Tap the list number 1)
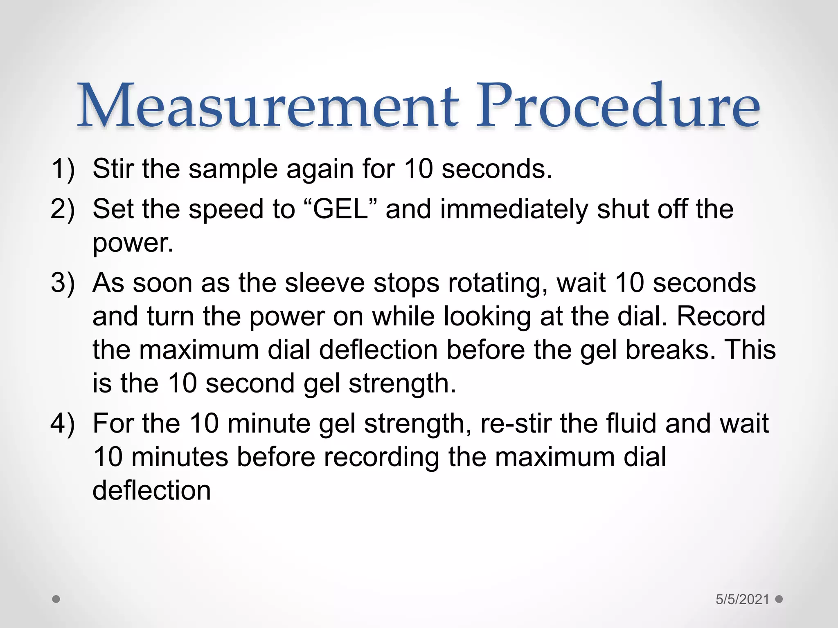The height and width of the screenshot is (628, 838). click(x=63, y=168)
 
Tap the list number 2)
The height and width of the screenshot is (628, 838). click(x=63, y=209)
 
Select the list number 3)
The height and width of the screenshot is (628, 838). click(x=63, y=283)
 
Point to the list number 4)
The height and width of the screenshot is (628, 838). click(x=63, y=423)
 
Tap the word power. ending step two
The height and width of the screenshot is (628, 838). click(x=133, y=243)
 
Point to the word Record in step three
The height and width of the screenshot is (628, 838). click(x=721, y=316)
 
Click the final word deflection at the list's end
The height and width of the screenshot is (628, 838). click(x=152, y=490)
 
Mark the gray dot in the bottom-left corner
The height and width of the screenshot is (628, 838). click(x=56, y=599)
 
